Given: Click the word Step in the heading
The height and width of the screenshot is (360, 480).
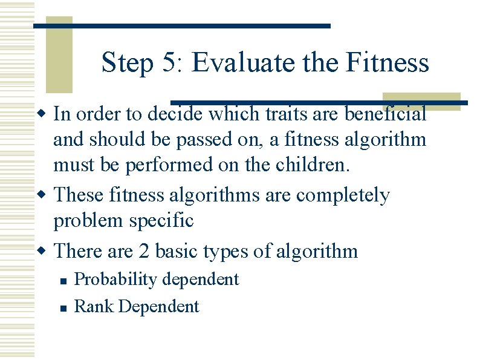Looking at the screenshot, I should pos(128,63).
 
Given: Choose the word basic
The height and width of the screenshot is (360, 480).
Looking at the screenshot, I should pos(178,250).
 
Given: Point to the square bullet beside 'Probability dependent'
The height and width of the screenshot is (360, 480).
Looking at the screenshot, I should pos(62,280).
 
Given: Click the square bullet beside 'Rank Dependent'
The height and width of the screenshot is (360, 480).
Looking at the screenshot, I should pos(62,307).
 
